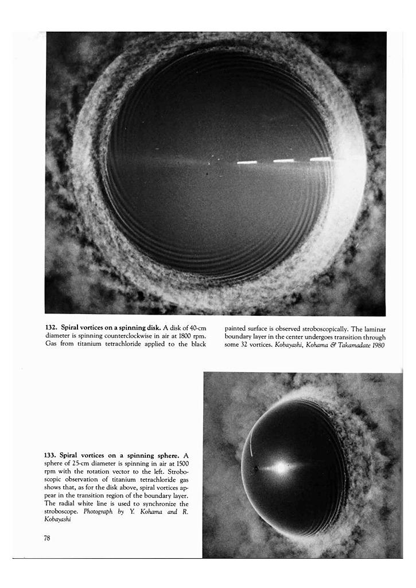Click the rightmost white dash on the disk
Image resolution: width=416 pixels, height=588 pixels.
coord(321,159)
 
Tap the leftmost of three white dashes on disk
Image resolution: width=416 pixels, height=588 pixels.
coord(247,163)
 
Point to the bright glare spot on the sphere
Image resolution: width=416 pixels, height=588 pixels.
coord(279,468)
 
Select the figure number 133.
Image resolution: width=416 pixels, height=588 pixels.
coord(52,455)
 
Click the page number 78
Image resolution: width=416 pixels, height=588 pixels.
coord(48,538)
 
